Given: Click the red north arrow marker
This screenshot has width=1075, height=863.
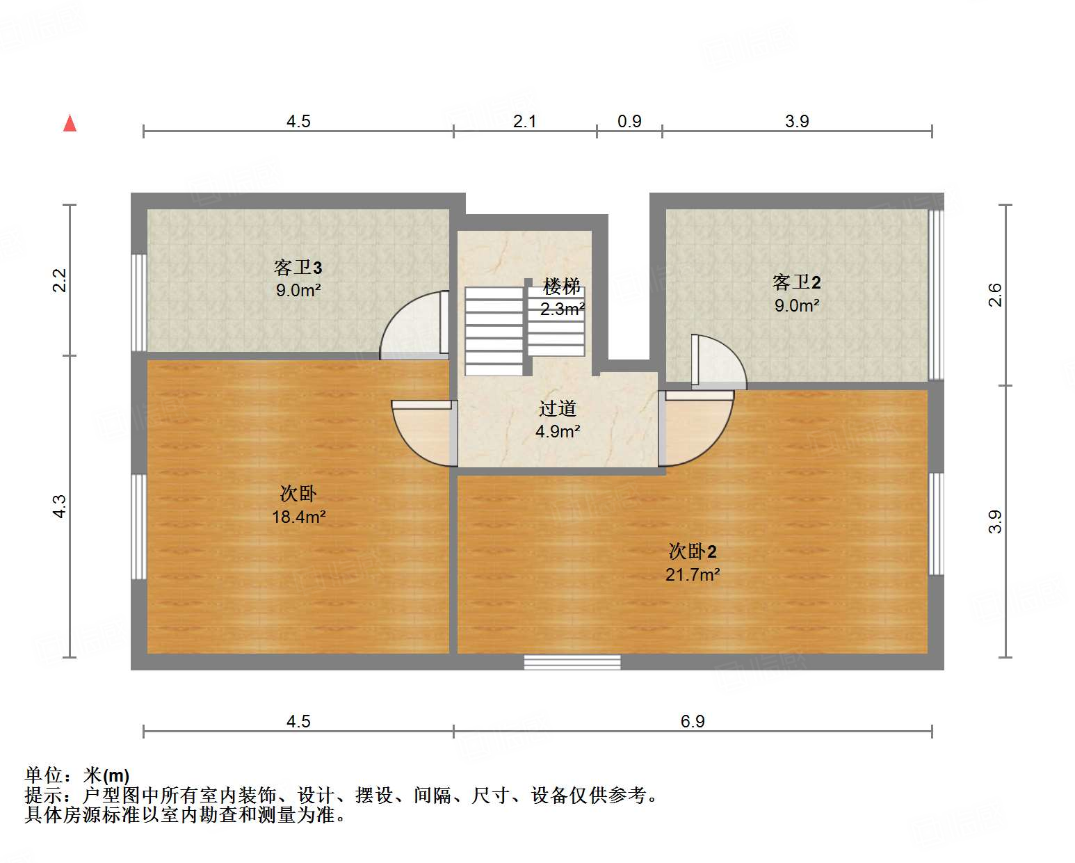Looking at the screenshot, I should (70, 123).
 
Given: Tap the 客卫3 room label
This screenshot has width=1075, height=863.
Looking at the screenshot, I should (298, 268).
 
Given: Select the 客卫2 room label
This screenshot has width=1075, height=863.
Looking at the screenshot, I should (796, 282).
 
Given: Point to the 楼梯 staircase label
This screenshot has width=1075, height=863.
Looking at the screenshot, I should (562, 286).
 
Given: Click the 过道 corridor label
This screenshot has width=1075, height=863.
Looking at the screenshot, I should (558, 409).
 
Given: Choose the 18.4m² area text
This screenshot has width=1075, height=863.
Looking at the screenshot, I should (298, 517).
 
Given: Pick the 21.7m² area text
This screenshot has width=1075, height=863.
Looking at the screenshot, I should (693, 574).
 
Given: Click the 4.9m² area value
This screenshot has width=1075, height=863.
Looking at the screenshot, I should (558, 432).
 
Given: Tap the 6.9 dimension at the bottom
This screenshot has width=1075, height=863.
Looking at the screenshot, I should (693, 721).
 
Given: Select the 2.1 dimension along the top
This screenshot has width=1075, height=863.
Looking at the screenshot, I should (524, 121).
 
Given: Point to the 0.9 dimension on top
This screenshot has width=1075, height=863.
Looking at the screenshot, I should (629, 121).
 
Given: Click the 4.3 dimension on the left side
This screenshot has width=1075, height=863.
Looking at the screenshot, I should (60, 506).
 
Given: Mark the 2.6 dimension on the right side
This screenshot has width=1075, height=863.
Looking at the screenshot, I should (995, 294).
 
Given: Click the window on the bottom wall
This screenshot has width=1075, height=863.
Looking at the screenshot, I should (572, 662).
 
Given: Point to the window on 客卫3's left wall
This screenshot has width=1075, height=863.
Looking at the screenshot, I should (139, 302).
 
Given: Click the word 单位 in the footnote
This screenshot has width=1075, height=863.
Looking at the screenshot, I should (43, 775).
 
